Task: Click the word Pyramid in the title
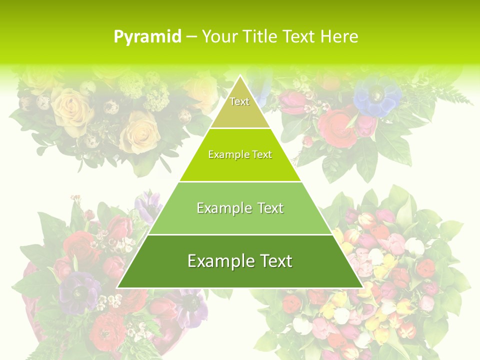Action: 147,37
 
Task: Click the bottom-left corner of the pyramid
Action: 117,287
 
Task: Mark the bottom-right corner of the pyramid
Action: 362,287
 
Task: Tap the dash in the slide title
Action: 191,37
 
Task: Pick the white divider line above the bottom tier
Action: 240,234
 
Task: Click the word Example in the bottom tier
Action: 218,261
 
